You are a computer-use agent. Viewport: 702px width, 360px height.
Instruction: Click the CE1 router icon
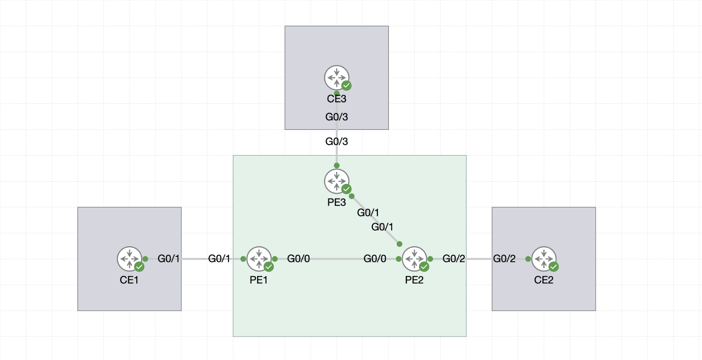pyautogui.click(x=129, y=259)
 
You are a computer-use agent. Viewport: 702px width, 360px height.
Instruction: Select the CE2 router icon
pyautogui.click(x=544, y=259)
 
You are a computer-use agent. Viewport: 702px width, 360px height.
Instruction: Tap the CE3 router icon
pyautogui.click(x=337, y=78)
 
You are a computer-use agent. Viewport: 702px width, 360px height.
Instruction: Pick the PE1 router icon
pyautogui.click(x=259, y=259)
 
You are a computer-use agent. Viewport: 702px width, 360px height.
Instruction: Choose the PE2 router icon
pyautogui.click(x=414, y=259)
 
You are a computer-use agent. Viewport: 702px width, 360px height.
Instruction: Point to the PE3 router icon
pyautogui.click(x=337, y=181)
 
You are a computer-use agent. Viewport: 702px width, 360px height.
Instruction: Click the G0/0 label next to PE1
pyautogui.click(x=298, y=259)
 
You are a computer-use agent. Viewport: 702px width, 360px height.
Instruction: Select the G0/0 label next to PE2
pyautogui.click(x=375, y=259)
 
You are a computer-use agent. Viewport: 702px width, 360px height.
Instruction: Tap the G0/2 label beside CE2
pyautogui.click(x=504, y=259)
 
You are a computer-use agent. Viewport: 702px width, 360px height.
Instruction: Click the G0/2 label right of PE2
pyautogui.click(x=454, y=259)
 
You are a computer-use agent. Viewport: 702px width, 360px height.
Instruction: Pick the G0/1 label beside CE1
pyautogui.click(x=169, y=259)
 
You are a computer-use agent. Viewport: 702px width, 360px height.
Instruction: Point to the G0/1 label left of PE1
pyautogui.click(x=219, y=259)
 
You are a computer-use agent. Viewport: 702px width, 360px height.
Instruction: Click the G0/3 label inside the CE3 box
pyautogui.click(x=337, y=117)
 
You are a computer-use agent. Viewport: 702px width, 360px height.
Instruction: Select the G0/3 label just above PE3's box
pyautogui.click(x=337, y=142)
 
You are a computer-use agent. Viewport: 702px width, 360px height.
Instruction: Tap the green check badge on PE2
pyautogui.click(x=424, y=267)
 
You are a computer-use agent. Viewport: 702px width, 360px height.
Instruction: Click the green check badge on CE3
pyautogui.click(x=347, y=86)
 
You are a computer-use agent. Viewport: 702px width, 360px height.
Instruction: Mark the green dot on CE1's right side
pyautogui.click(x=145, y=259)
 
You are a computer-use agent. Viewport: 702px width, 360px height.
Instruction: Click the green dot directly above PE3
pyautogui.click(x=337, y=166)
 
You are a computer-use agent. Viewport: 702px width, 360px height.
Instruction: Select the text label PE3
pyautogui.click(x=337, y=202)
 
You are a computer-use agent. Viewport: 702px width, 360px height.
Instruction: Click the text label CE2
pyautogui.click(x=544, y=280)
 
